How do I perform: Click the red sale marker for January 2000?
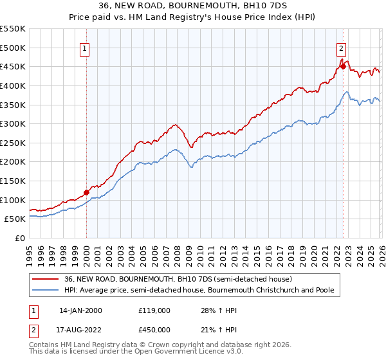pos(86,192)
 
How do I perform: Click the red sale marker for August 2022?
pos(343,66)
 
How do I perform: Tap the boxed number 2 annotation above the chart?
pos(340,47)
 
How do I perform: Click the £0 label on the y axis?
pos(21,239)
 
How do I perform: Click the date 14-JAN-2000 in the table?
pos(80,310)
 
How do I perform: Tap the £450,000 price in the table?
pos(155,329)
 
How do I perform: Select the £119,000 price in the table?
pos(155,310)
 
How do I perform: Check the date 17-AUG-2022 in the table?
pos(80,329)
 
